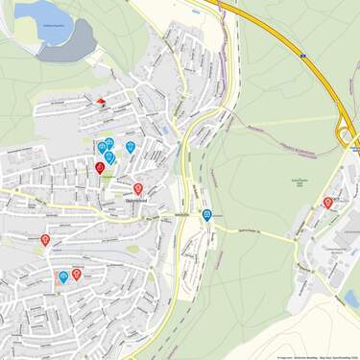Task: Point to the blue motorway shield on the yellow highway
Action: (x=300, y=58)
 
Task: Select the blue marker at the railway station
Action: (x=207, y=215)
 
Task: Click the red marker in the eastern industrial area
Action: (x=328, y=203)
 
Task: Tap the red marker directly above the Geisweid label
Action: (x=138, y=189)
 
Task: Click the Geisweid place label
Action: (x=135, y=202)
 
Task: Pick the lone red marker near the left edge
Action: (x=45, y=239)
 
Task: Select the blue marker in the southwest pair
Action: (x=63, y=276)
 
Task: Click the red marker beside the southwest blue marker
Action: (x=77, y=274)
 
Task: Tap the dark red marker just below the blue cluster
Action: (x=100, y=168)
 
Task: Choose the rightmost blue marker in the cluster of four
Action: (x=131, y=147)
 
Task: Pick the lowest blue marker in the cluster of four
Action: (x=108, y=156)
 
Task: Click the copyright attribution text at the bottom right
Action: (x=317, y=357)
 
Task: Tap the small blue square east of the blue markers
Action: (x=165, y=131)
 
